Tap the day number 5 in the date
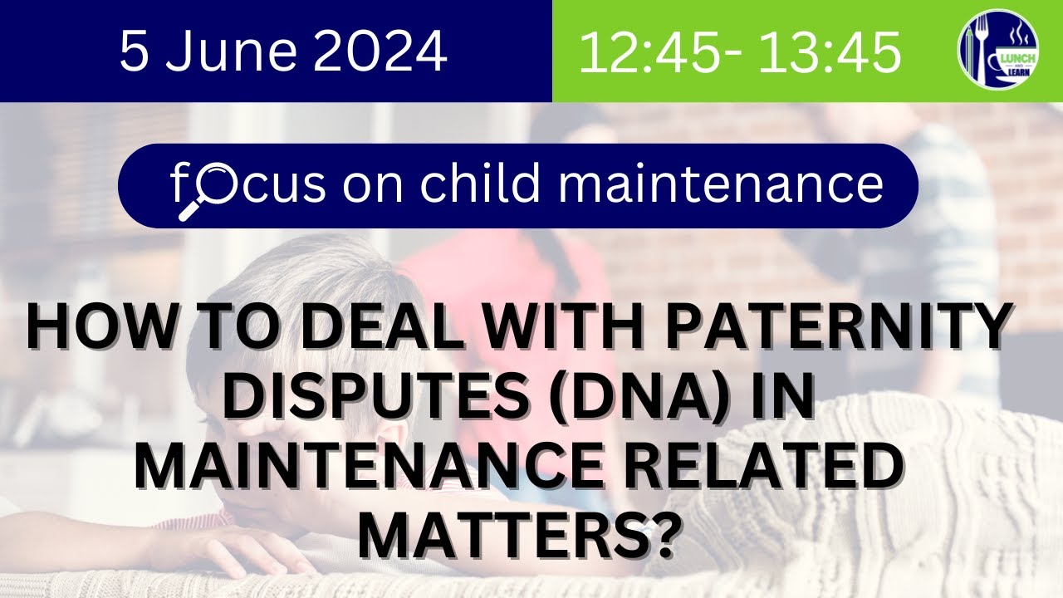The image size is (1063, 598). (x=134, y=51)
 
